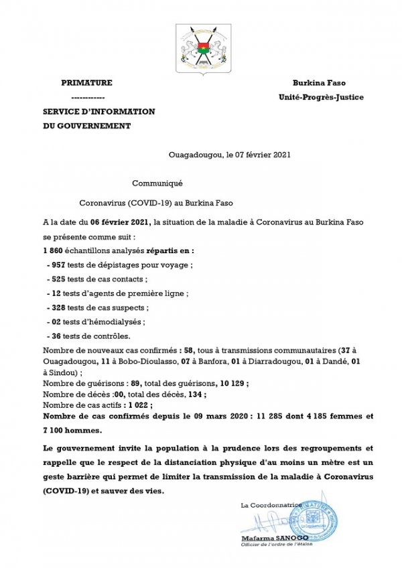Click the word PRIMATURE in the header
coord(86,82)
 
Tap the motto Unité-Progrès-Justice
coord(321,97)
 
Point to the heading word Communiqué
coord(157,183)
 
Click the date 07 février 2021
coord(257,155)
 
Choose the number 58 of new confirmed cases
coord(191,351)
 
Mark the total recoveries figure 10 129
coord(231,383)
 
